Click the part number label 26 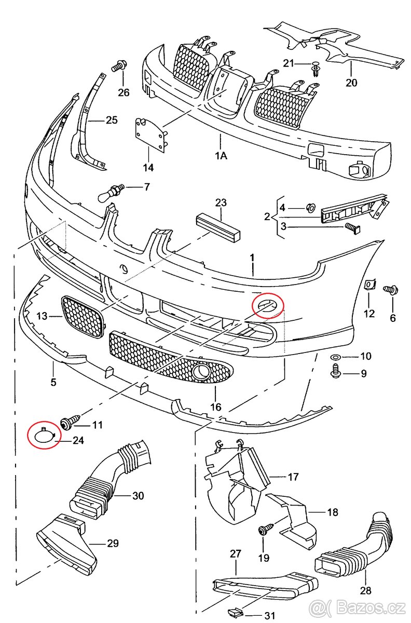click(x=123, y=93)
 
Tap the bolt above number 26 click(x=119, y=66)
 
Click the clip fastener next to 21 click(x=316, y=67)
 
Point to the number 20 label click(x=351, y=83)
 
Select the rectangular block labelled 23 click(x=219, y=225)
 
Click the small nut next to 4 click(x=310, y=208)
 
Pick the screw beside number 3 click(x=352, y=227)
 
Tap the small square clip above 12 click(x=371, y=284)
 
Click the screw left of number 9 click(x=335, y=371)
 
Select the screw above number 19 click(x=265, y=530)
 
